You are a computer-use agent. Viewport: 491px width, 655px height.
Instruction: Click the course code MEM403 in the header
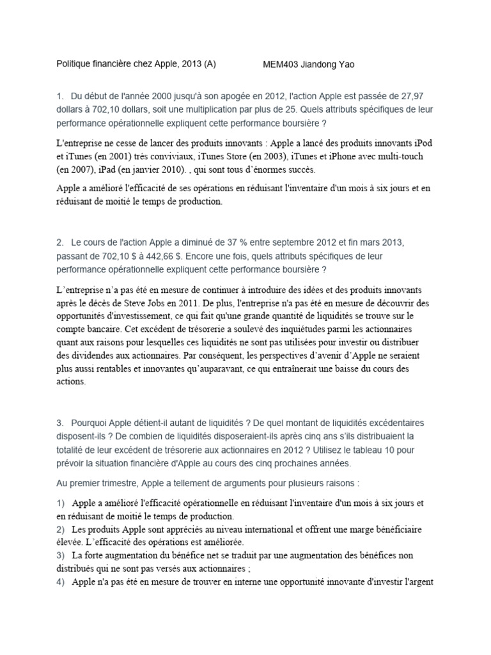[282, 65]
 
